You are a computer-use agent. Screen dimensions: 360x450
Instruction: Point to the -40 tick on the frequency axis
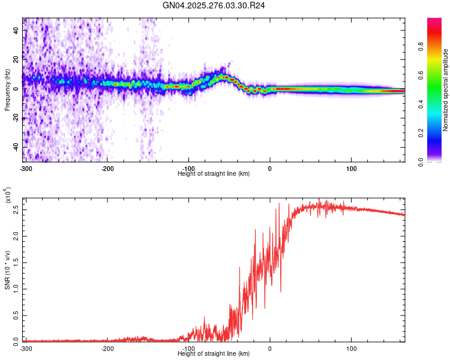coord(16,147)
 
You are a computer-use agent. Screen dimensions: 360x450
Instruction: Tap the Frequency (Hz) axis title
coord(7,90)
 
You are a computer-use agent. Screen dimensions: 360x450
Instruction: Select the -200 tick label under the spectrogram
coord(107,168)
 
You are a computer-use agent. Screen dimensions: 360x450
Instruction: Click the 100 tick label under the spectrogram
coord(351,168)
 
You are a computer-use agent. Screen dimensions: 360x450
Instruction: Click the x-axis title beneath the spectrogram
coord(214,173)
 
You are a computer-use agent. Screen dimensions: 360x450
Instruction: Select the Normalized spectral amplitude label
coord(445,90)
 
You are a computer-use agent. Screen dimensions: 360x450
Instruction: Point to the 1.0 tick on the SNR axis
coord(16,289)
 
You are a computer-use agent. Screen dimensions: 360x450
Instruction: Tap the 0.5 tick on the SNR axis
coord(16,314)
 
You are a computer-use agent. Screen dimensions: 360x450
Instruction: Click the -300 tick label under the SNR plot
coord(25,348)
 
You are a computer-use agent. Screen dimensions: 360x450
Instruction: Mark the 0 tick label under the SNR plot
coord(269,348)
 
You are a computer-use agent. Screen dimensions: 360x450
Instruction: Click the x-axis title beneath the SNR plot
coord(214,353)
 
